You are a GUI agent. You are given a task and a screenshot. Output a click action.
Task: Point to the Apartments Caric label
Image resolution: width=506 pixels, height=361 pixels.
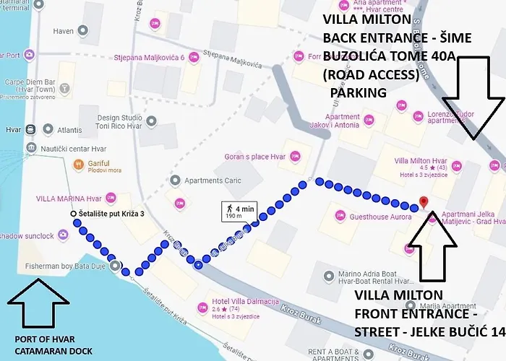coord(213,180)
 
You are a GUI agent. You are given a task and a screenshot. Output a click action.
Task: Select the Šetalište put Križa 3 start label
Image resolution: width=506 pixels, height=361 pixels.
coord(112,214)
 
